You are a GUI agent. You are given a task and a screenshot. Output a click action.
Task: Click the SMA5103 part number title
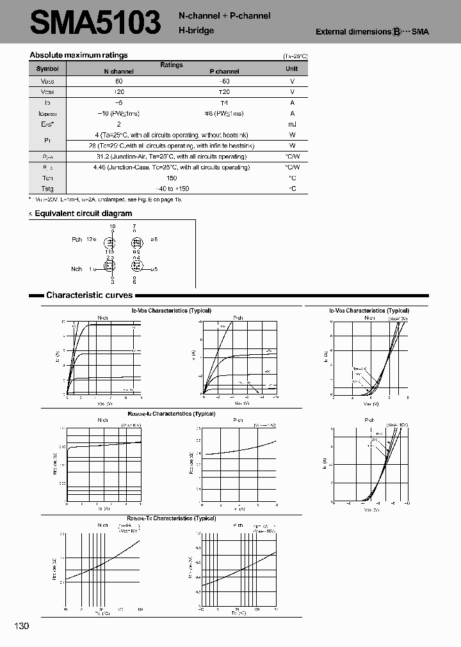pyautogui.click(x=96, y=23)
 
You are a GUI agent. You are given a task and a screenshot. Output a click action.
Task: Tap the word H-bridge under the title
pyautogui.click(x=196, y=30)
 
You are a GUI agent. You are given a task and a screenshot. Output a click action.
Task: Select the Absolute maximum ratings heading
pyautogui.click(x=79, y=55)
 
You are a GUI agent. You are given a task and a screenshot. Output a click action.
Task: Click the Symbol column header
pyautogui.click(x=47, y=68)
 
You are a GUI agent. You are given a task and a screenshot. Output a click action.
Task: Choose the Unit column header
pyautogui.click(x=291, y=68)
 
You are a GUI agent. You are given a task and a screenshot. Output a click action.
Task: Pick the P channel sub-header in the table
pyautogui.click(x=224, y=72)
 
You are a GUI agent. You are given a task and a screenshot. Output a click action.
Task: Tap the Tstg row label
pyautogui.click(x=47, y=189)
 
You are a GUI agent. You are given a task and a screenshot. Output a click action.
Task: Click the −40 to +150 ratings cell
pyautogui.click(x=172, y=189)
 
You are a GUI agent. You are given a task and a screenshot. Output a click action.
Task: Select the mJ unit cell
pyautogui.click(x=291, y=124)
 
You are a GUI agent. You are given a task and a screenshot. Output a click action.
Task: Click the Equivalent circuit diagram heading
pyautogui.click(x=83, y=214)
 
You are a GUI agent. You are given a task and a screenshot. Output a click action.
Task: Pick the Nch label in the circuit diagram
pyautogui.click(x=77, y=269)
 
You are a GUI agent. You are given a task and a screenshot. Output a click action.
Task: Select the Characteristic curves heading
pyautogui.click(x=89, y=295)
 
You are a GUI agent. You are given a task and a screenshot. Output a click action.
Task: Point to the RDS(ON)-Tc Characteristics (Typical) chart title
pyautogui.click(x=171, y=518)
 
